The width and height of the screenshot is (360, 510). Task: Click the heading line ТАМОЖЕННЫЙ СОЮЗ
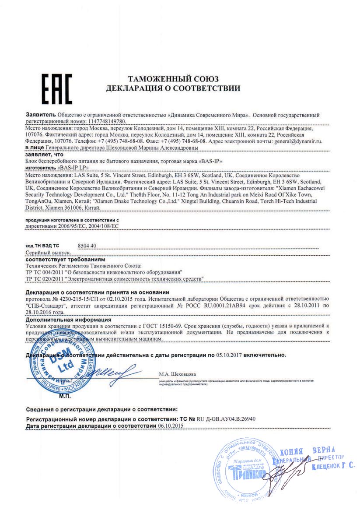173,79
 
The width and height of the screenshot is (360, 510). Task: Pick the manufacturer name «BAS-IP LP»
73,168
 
